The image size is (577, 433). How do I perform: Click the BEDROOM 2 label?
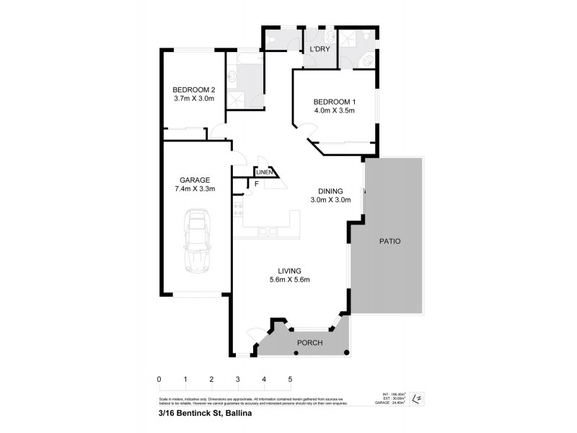coord(194,90)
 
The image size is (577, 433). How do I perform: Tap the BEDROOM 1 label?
coord(334,102)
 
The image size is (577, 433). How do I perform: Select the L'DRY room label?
coord(320,50)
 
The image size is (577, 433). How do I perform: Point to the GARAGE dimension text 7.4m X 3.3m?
coord(194,189)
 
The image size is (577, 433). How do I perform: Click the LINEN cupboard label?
coord(264,172)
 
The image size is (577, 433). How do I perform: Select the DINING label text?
coord(330,191)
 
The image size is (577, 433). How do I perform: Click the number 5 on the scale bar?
coord(290,379)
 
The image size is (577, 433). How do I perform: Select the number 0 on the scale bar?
coord(159,379)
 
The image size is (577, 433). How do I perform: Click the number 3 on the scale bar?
coord(237,379)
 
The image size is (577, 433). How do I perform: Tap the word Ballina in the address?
coord(238,414)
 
